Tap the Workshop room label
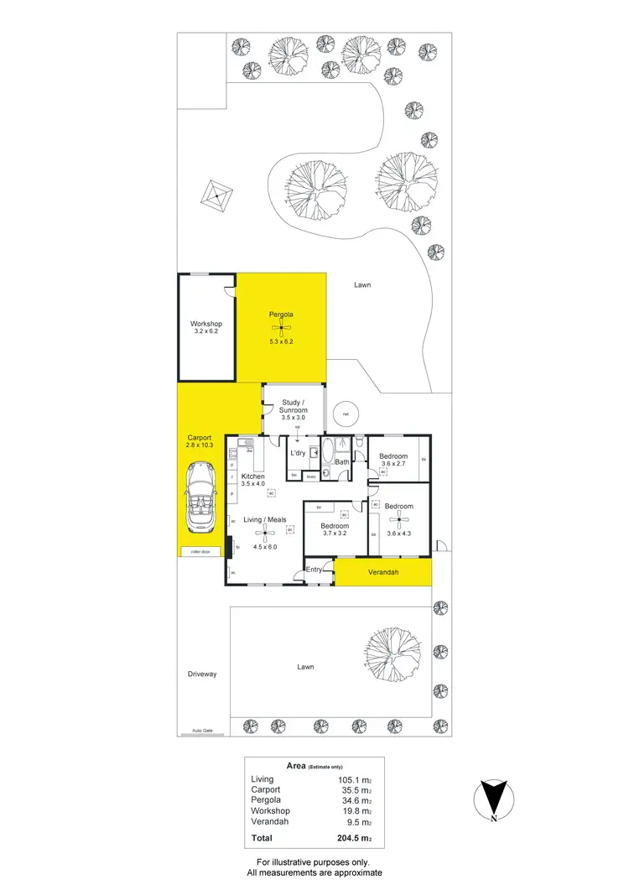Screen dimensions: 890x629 [205, 324]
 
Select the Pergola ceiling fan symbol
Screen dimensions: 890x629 [282, 328]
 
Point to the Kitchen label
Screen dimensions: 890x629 [252, 476]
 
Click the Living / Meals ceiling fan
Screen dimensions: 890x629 [265, 532]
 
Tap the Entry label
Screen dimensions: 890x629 [314, 570]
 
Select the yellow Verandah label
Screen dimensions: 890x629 [383, 574]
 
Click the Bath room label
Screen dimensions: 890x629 [342, 462]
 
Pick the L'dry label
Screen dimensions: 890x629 [297, 453]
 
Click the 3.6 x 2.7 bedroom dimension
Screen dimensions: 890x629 [393, 464]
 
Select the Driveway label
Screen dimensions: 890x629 [201, 674]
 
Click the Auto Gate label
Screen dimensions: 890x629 [202, 731]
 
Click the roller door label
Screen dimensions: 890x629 [200, 552]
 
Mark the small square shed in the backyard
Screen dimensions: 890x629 [216, 196]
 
